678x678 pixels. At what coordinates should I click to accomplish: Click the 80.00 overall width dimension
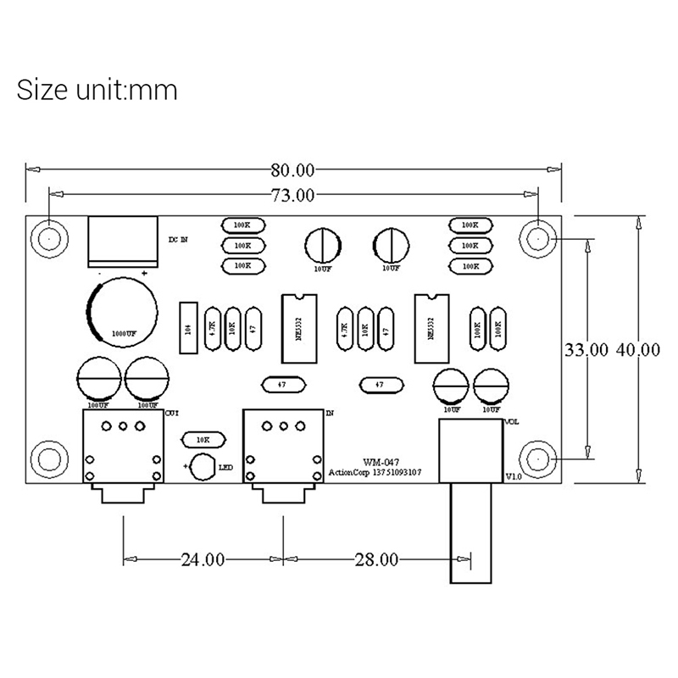(x=293, y=170)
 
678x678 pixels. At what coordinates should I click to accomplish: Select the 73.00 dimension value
(x=293, y=195)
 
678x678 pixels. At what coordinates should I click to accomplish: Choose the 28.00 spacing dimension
(x=375, y=559)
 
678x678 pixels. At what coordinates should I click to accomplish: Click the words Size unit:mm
(x=97, y=89)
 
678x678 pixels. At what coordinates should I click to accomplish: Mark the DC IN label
(x=178, y=240)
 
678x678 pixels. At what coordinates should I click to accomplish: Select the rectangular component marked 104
(x=188, y=326)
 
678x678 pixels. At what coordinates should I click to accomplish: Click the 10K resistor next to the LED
(x=203, y=440)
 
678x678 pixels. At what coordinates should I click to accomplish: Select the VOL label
(x=512, y=421)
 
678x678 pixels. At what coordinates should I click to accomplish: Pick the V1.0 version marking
(x=514, y=477)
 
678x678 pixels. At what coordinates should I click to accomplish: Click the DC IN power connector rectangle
(x=123, y=241)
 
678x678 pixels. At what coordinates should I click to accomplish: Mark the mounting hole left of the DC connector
(x=50, y=239)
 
